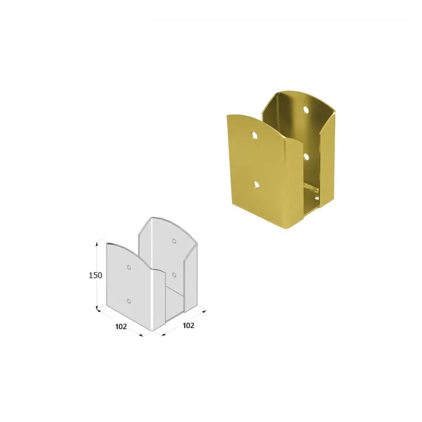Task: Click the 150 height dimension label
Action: (95, 275)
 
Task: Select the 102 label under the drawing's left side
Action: (121, 327)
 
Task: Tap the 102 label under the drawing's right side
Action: (188, 325)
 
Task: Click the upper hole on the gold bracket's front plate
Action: (254, 136)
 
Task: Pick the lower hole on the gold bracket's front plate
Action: (256, 184)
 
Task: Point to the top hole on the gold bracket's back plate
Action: (306, 110)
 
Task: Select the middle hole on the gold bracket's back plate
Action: (306, 156)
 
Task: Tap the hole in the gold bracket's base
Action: (317, 198)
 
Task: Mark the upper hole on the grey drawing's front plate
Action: (129, 267)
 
